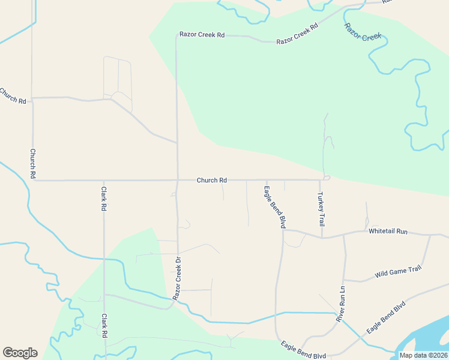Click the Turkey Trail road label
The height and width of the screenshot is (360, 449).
point(321,207)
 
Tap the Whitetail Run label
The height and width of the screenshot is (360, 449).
point(388,231)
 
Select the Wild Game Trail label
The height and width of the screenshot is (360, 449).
point(398,272)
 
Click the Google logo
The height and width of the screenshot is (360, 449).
point(20,353)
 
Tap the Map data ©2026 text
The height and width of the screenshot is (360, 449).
point(423,355)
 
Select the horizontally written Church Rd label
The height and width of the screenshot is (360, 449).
point(212,180)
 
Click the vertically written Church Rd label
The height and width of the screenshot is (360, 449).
point(33,163)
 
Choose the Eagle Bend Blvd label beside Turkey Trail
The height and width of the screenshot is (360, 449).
point(274,206)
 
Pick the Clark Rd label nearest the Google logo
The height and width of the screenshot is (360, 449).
point(104,326)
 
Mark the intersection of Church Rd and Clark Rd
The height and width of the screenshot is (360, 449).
point(104,180)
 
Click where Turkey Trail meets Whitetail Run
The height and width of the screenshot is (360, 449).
point(322,237)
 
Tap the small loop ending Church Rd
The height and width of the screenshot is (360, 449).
point(327,178)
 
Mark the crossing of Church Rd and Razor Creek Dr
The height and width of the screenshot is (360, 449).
point(177,180)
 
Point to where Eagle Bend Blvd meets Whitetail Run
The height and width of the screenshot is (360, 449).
point(283,230)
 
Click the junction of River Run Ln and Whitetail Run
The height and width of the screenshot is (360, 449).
point(343,235)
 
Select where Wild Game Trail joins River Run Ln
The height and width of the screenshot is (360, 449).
point(344,280)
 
